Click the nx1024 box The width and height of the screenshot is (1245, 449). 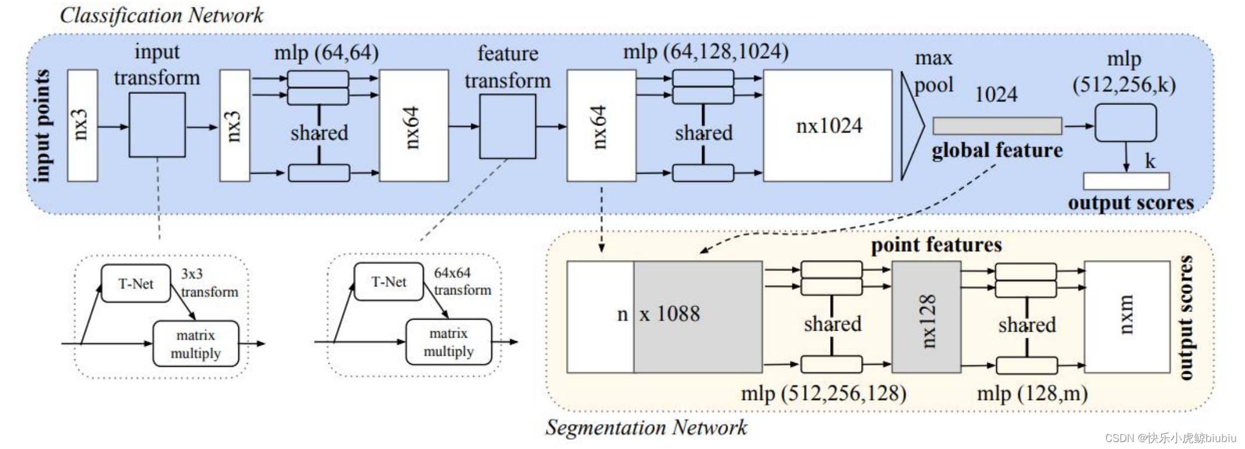827,125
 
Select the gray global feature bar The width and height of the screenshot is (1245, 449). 997,125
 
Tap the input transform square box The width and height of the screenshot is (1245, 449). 157,125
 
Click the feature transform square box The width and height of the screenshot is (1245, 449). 507,127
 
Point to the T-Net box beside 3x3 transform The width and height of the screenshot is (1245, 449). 136,284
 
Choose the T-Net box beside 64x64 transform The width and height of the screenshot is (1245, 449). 389,282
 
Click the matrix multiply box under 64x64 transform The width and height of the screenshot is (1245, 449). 449,342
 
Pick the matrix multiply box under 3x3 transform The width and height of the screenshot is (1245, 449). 196,344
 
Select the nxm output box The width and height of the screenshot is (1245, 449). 1127,317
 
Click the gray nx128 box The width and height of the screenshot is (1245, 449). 926,317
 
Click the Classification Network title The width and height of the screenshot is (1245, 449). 161,15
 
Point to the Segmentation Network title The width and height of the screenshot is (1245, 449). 646,427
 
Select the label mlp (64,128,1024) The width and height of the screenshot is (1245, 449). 706,52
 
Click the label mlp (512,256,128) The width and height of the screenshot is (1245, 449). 823,394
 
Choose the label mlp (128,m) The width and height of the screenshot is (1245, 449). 1032,394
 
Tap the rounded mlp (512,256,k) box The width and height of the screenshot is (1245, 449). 1125,122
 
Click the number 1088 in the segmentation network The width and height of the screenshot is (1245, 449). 678,314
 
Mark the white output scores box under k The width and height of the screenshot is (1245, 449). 1126,181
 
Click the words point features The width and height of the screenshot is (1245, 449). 936,245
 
